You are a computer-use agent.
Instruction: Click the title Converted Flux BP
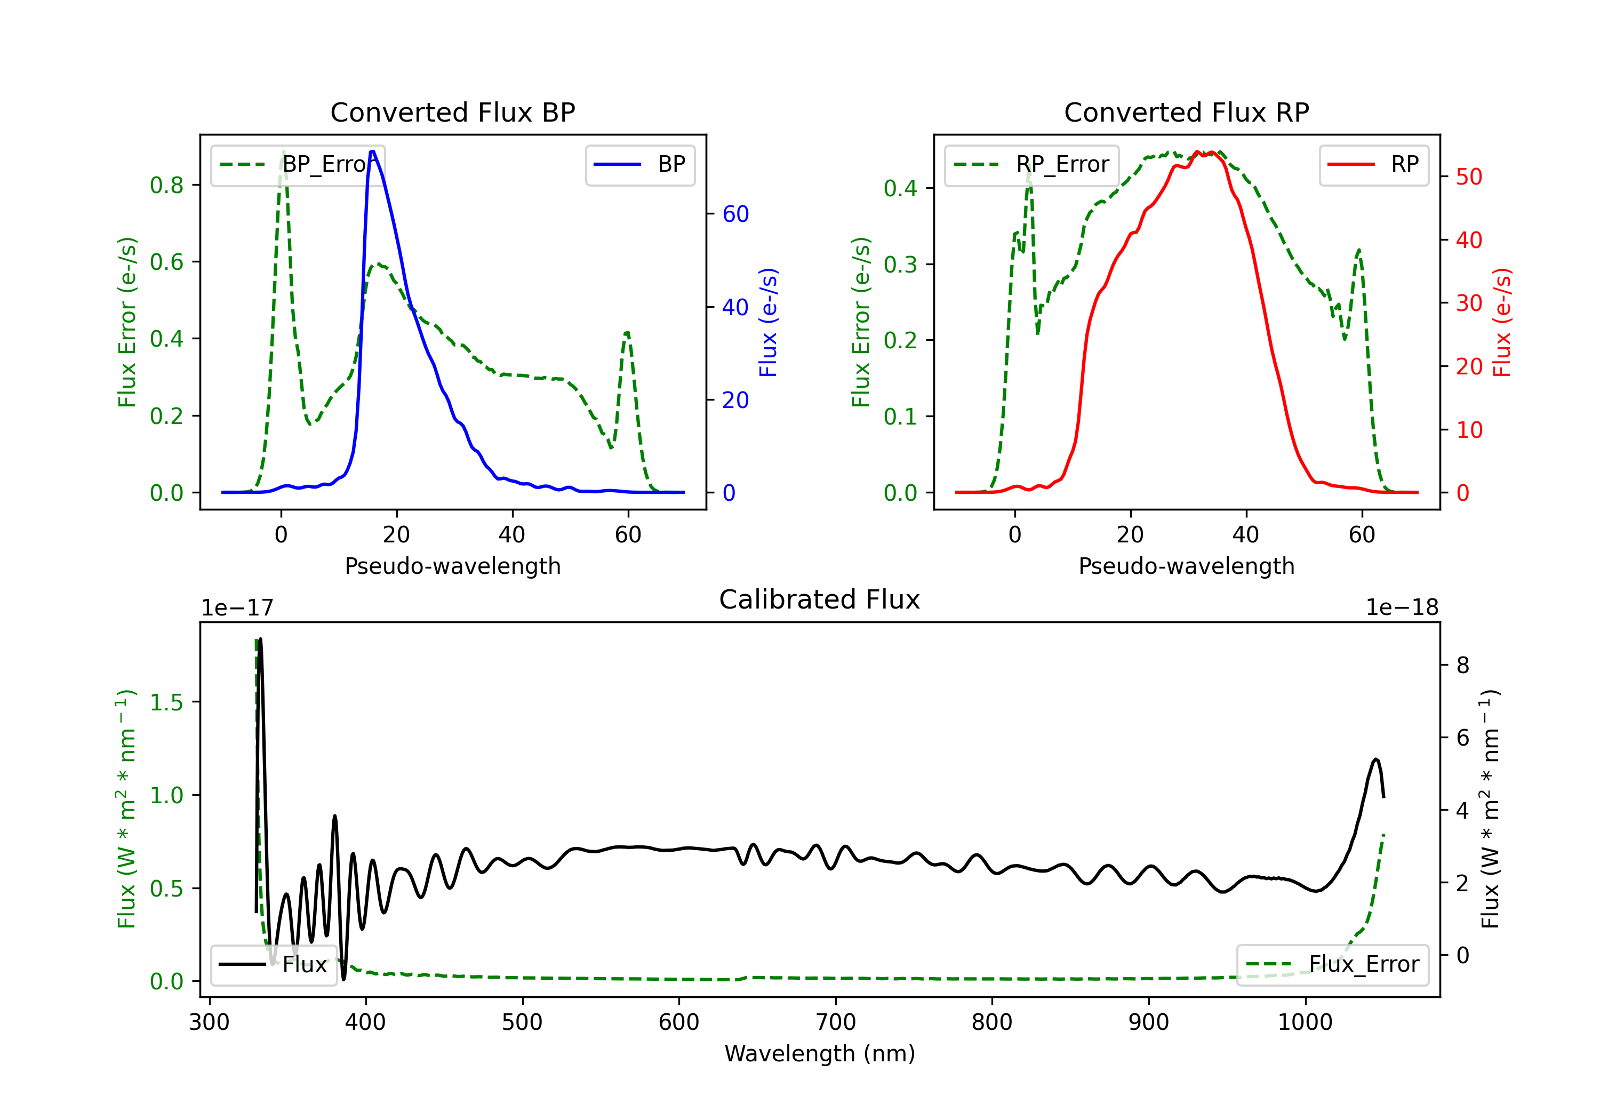452,112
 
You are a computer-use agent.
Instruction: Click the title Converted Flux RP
1186,112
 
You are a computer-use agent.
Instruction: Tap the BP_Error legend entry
298,164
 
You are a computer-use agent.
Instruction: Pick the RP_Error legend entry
1032,164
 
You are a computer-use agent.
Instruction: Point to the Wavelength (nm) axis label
820,1053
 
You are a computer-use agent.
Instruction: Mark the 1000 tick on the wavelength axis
1305,1022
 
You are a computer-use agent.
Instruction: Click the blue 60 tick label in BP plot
735,214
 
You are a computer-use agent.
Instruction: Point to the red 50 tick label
1469,177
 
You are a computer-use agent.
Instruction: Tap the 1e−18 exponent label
1402,608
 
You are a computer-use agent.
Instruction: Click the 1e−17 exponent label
238,608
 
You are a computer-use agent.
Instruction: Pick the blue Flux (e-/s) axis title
768,322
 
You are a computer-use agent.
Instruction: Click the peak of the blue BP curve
373,151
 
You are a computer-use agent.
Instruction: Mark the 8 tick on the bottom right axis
1463,665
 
